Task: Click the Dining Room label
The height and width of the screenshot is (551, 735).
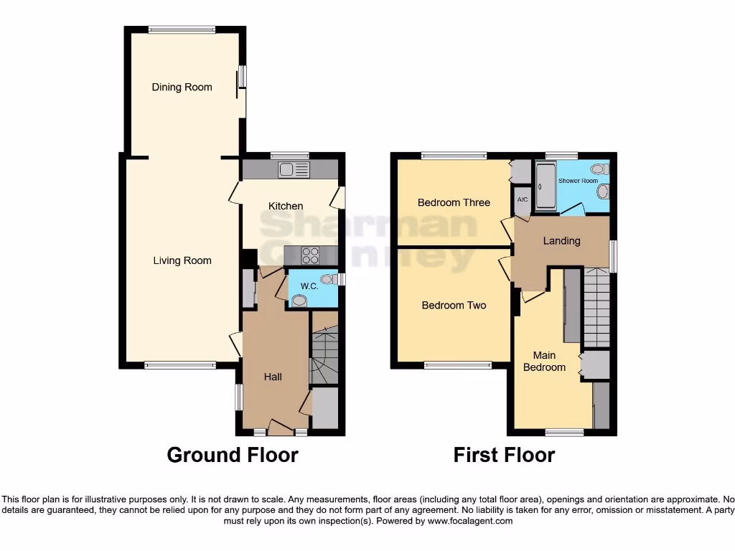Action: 182,87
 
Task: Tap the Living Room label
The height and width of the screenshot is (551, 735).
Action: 182,260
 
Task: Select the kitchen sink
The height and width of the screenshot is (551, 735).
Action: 294,170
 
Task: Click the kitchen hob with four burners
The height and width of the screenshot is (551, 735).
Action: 310,255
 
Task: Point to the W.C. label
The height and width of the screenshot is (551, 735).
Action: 309,286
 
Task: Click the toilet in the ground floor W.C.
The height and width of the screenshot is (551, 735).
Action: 328,279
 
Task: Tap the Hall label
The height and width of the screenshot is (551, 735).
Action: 272,377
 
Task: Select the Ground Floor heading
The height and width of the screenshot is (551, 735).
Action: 233,455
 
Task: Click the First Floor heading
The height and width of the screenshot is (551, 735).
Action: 504,455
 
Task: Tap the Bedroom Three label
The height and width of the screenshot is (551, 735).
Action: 454,202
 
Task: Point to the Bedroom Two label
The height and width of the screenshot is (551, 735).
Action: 454,305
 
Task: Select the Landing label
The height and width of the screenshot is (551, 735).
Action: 561,240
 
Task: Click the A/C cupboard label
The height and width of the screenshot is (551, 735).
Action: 522,199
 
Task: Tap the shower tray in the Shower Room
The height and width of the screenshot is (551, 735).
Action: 546,187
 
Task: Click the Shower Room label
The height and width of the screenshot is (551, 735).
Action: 578,181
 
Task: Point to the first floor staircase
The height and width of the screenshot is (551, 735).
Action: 596,307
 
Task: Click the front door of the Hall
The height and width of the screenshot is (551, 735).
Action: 281,429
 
